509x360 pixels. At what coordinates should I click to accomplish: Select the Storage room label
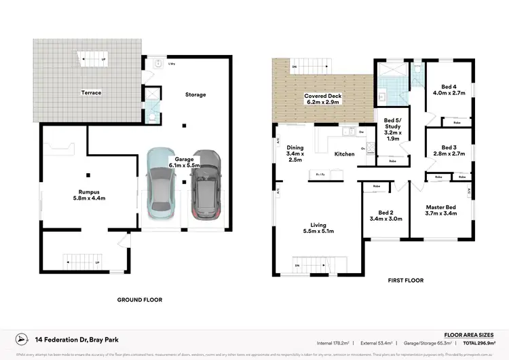[195, 94]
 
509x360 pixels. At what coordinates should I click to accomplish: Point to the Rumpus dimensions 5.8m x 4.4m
[90, 198]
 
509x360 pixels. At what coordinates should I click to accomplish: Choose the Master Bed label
[440, 206]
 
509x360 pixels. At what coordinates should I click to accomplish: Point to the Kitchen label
[345, 154]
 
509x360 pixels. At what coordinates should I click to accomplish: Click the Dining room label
[295, 147]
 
